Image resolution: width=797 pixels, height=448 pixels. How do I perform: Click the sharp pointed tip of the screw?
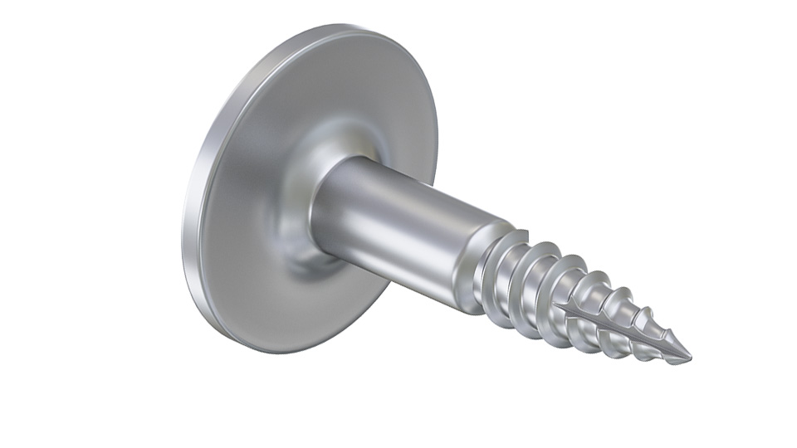[688, 359]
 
